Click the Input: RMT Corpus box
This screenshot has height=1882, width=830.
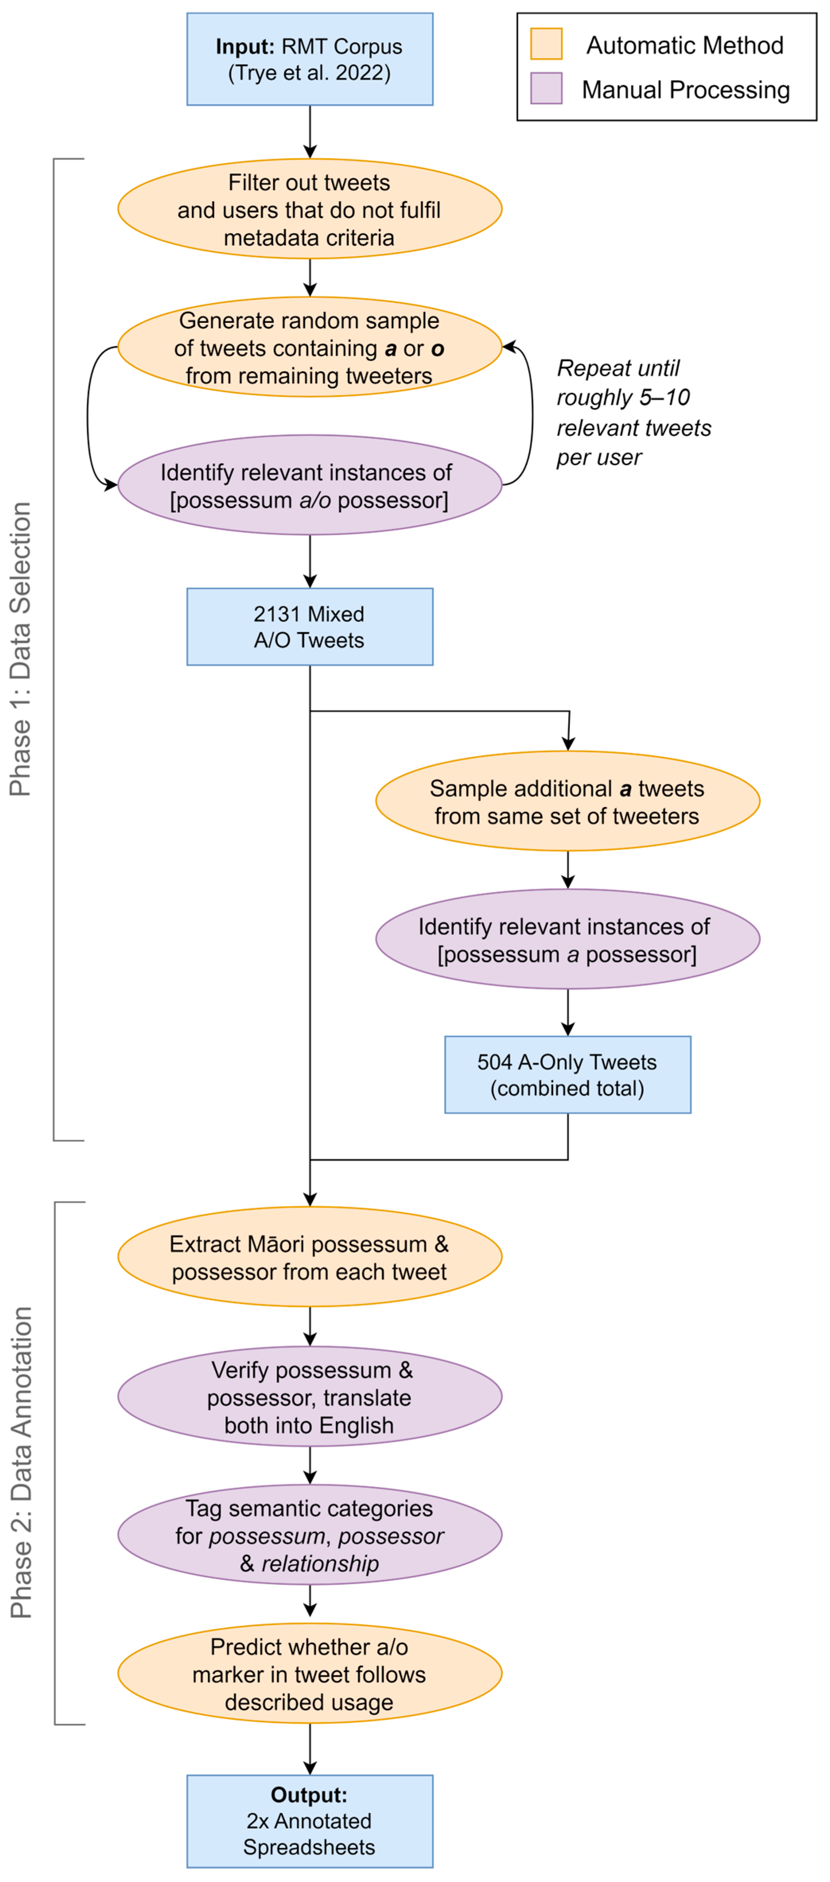(310, 59)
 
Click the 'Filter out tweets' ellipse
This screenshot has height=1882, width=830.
(310, 209)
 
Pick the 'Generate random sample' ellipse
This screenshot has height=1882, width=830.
(310, 347)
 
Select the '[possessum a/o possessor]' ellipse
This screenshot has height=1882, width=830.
(310, 485)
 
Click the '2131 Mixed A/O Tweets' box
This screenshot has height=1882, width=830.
(310, 627)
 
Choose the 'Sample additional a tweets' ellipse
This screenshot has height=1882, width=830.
(568, 802)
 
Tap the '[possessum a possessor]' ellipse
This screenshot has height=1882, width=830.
(568, 940)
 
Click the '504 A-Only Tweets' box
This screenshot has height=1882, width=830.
(568, 1075)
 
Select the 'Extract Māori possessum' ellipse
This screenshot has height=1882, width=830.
(310, 1257)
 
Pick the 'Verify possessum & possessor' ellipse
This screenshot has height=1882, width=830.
(310, 1397)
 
